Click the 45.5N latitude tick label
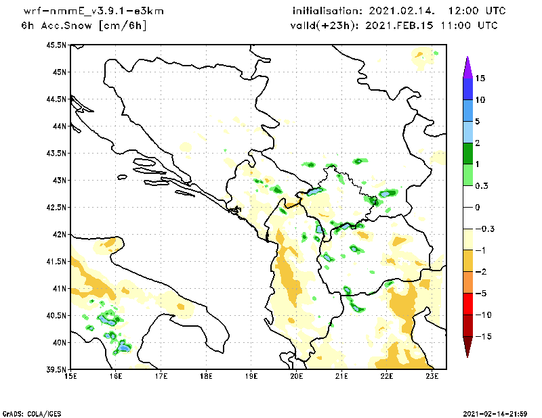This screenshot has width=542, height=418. coord(58,45)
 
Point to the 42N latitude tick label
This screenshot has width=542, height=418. coord(60,235)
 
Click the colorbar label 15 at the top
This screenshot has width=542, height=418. coord(480,78)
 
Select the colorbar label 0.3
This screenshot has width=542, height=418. coord(481,185)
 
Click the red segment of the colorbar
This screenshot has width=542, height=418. coord(467,304)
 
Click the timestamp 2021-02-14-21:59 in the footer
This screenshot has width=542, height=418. coord(498,413)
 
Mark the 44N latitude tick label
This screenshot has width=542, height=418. coord(60,126)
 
